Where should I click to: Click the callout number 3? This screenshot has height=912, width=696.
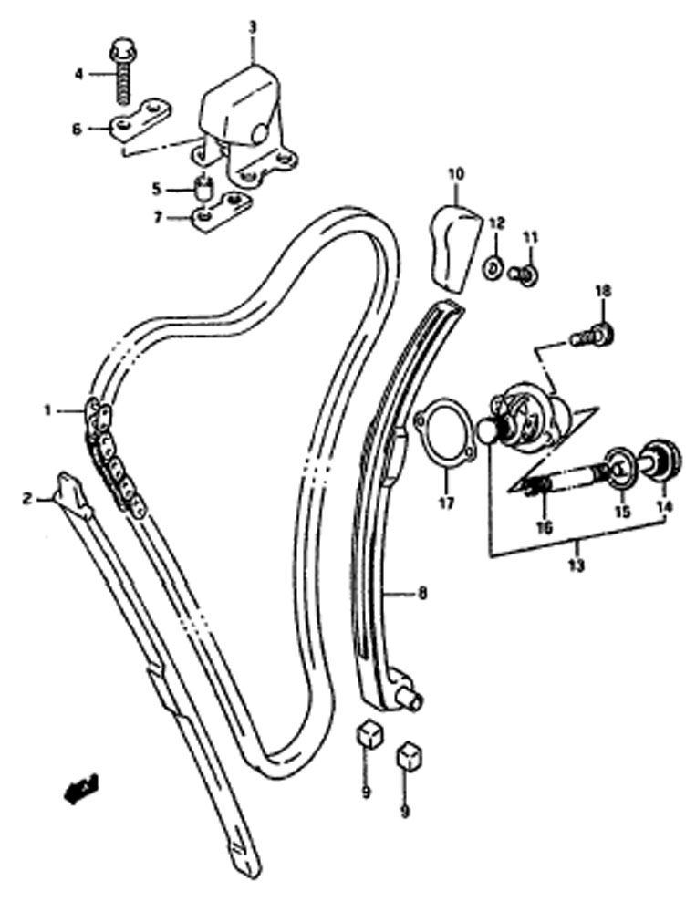coord(252,27)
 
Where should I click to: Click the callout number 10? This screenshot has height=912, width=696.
coord(456,173)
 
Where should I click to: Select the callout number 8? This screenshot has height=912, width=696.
coord(422,594)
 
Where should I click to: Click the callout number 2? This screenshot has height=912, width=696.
coord(26,499)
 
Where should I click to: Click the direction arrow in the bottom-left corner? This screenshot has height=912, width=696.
coord(81,789)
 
